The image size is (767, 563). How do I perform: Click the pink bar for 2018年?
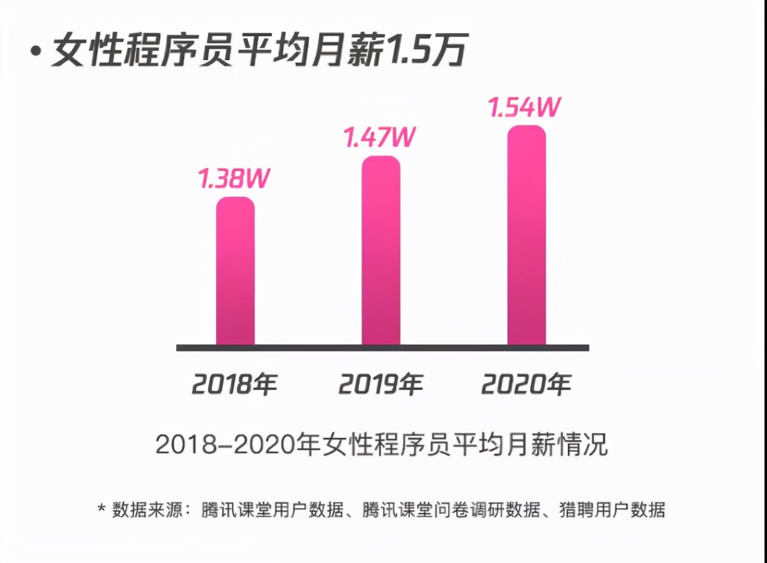tap(235, 271)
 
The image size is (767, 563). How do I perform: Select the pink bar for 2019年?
tap(381, 251)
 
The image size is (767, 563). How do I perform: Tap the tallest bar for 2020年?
tap(526, 235)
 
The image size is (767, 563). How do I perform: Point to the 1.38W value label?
tap(234, 179)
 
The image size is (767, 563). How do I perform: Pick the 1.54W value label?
tap(524, 107)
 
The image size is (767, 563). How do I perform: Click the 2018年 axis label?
tap(234, 384)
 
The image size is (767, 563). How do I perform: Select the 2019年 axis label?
tap(380, 384)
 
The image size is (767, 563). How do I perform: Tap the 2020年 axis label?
tap(526, 384)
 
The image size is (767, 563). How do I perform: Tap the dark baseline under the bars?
tap(382, 347)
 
